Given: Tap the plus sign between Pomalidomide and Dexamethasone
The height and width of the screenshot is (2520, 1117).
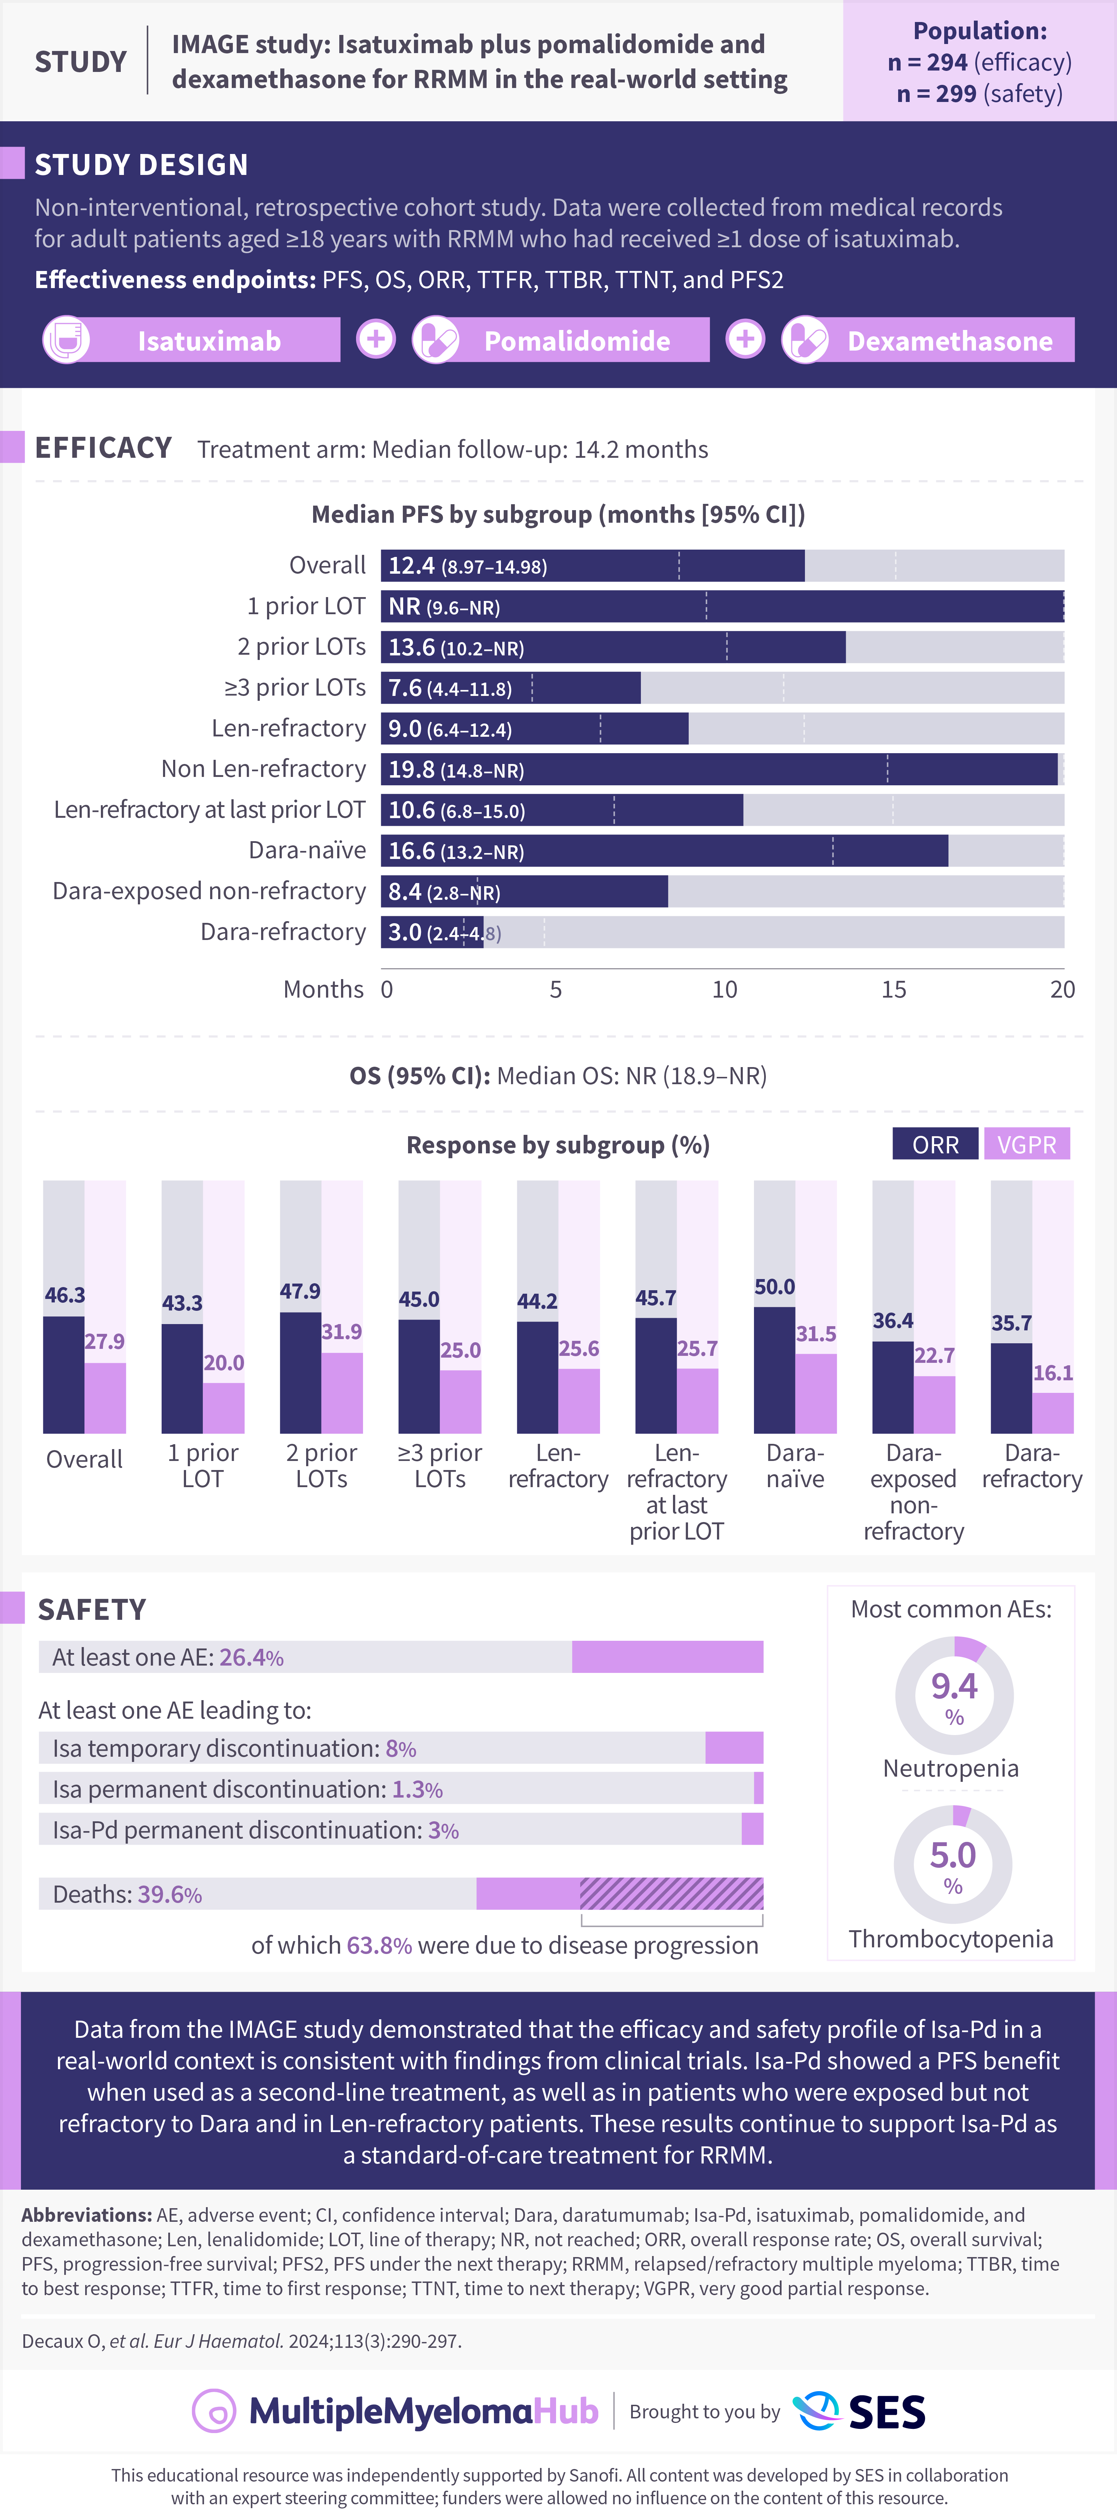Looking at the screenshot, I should [745, 339].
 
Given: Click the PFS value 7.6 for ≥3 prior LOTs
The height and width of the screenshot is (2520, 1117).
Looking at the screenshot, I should [405, 688].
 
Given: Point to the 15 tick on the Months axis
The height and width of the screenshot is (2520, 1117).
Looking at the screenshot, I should [893, 989].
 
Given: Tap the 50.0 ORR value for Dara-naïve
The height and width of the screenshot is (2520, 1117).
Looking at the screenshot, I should [775, 1286].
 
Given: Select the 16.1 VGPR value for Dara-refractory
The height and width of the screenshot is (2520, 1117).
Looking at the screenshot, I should [1052, 1373].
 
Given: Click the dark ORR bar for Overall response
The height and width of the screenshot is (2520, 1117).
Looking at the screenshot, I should [64, 1374].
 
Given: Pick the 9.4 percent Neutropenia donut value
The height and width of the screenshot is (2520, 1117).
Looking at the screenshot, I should [954, 1685].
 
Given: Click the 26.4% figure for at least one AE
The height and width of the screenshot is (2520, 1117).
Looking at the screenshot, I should [251, 1657].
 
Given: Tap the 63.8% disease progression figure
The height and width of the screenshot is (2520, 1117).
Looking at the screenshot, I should [378, 1945].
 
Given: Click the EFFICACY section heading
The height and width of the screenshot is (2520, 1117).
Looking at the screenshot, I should [104, 448].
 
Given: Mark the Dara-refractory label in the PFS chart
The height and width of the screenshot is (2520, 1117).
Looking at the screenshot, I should [283, 931].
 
